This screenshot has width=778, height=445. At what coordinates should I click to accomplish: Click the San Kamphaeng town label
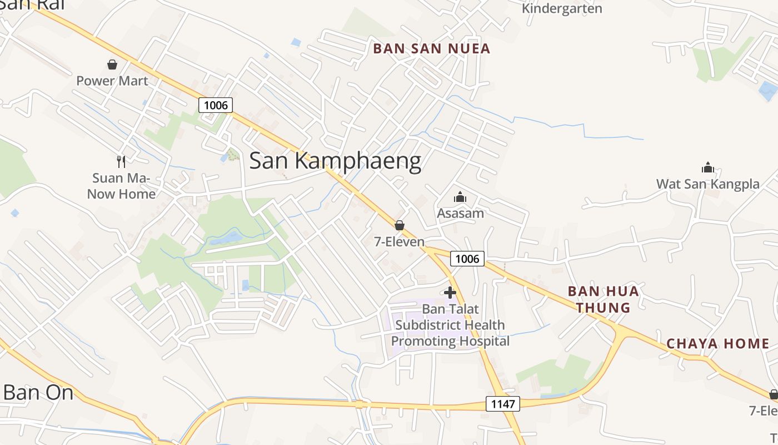[335, 161]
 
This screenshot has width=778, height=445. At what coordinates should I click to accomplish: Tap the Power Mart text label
[112, 81]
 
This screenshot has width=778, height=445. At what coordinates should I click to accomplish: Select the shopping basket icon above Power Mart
[112, 65]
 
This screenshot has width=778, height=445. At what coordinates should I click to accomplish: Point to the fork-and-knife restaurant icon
[121, 161]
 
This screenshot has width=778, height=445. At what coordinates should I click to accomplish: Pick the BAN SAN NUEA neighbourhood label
[432, 49]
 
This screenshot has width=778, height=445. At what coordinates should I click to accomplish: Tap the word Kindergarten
[562, 8]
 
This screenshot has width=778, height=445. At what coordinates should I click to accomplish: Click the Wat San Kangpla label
[707, 184]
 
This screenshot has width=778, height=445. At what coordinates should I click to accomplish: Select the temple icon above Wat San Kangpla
[707, 167]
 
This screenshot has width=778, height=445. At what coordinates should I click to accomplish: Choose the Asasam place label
[460, 213]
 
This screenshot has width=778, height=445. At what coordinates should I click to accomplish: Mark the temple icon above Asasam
[460, 197]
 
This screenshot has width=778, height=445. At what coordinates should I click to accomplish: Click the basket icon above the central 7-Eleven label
[399, 225]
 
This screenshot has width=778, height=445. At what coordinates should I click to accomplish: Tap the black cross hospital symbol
[450, 292]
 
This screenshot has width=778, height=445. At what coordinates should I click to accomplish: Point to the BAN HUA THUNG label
[603, 299]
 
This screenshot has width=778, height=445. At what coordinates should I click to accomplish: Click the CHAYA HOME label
[718, 344]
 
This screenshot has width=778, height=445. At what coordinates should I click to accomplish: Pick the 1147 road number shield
[503, 404]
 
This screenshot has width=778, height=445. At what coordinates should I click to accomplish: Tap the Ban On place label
[38, 393]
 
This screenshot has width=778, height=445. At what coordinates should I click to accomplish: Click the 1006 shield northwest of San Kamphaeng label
[216, 105]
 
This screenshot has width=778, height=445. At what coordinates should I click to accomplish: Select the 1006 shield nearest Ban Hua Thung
[467, 258]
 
